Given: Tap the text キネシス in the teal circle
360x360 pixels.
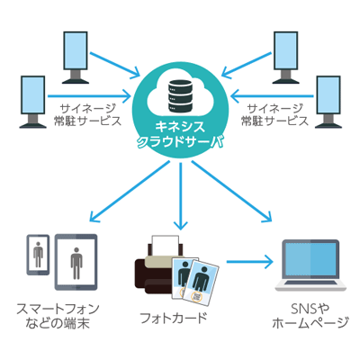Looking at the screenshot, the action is [180, 127].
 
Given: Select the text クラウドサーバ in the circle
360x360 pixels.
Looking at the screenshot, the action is [180, 141].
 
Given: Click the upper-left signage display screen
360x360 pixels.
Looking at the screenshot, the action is [76, 51].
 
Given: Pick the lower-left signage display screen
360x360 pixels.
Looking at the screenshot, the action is [33, 95].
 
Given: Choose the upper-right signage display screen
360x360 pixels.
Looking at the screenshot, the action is [285, 51].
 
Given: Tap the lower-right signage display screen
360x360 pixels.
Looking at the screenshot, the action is [328, 95].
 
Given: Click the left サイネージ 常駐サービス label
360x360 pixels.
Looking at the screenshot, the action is [87, 115].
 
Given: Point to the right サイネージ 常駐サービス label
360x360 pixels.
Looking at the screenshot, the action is [274, 115].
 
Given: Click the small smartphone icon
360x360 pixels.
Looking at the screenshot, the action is [38, 255].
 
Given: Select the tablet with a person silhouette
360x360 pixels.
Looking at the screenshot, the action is [76, 262].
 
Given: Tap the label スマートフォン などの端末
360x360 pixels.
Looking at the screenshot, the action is [58, 316].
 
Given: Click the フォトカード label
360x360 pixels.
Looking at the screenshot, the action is [174, 318].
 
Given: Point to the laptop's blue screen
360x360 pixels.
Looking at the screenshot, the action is [310, 259].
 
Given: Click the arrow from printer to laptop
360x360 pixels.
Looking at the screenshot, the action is [249, 262].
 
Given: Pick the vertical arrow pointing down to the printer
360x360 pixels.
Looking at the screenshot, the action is [180, 196].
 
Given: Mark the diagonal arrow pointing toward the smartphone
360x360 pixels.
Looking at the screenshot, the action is [130, 192].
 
